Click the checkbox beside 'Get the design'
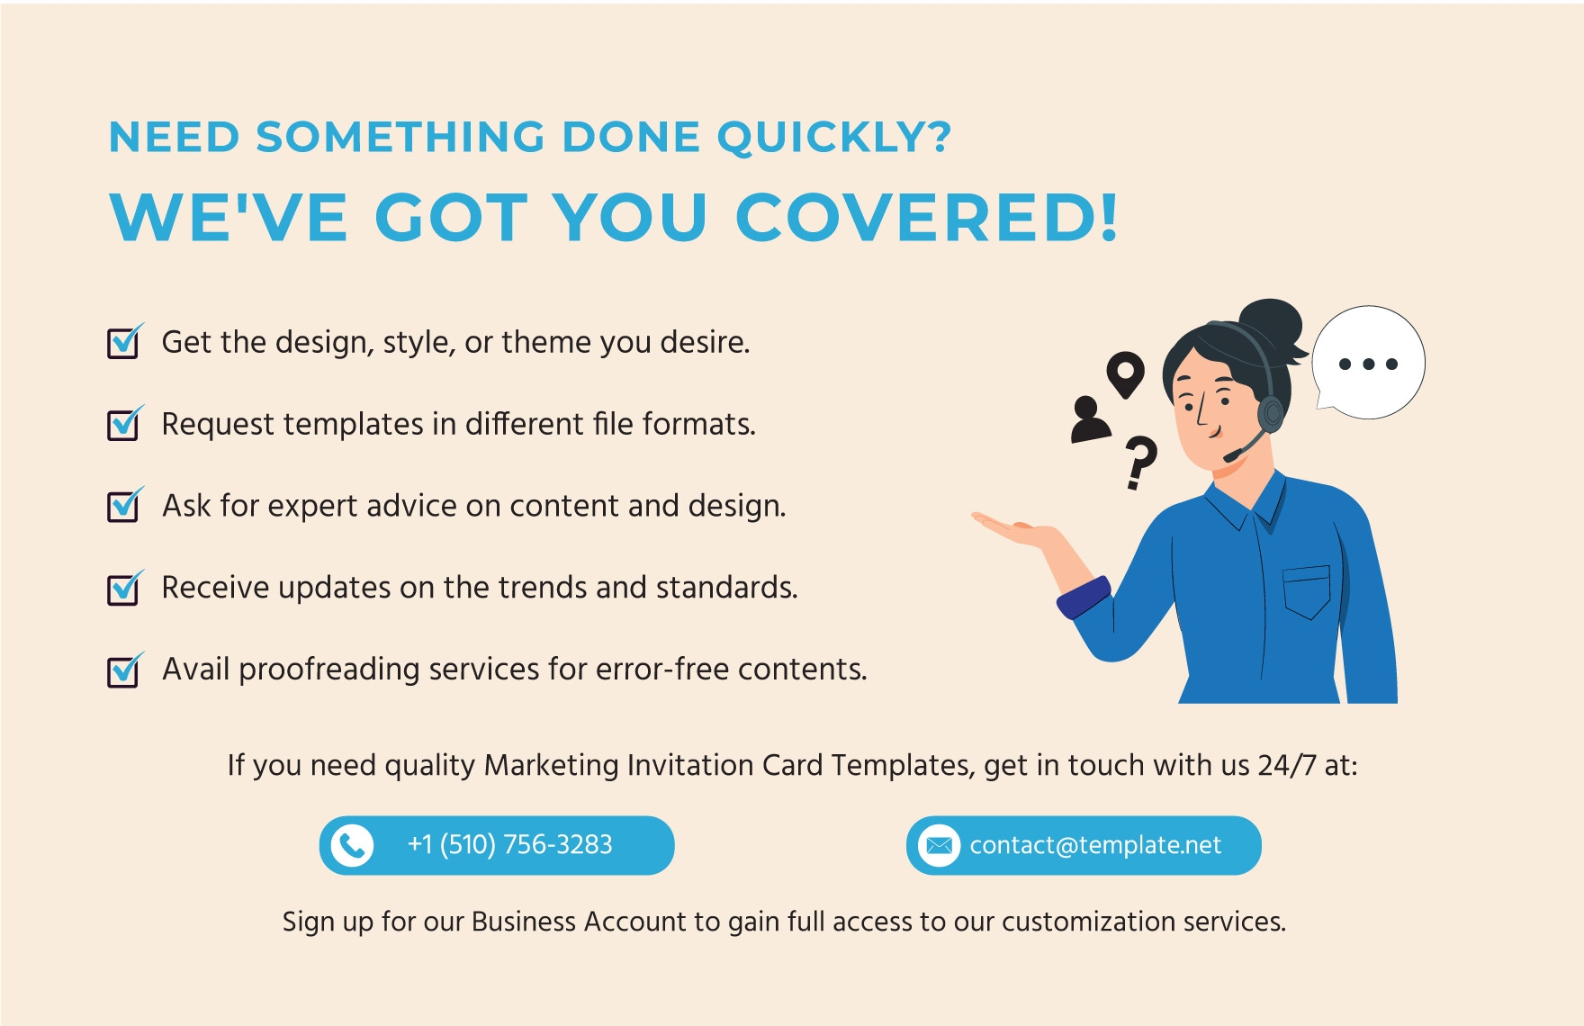point(123,343)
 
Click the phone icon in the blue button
point(352,845)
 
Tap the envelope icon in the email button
point(939,845)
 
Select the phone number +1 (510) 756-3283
point(509,845)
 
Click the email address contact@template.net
point(1095,845)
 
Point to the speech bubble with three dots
point(1368,363)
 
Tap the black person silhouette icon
point(1090,419)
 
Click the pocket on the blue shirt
point(1307,591)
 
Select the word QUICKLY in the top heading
point(833,138)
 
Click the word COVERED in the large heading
point(928,217)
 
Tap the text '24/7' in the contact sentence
point(1287,765)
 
